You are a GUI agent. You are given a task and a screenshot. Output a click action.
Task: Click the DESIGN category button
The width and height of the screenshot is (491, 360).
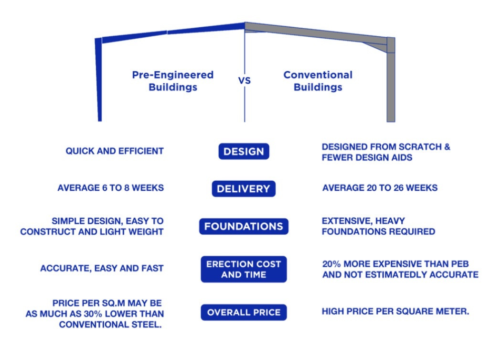point(244,152)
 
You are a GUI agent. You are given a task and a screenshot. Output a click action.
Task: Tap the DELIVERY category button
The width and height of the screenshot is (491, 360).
point(244,189)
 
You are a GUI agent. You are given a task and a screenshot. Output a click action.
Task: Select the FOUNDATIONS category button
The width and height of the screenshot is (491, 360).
point(244,226)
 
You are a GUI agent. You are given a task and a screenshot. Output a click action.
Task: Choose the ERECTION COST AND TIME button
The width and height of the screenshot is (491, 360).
point(244,269)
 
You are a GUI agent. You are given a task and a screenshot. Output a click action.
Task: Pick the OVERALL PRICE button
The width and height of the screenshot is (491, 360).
point(244,313)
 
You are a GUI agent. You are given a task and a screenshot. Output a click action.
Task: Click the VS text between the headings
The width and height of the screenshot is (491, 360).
point(245,81)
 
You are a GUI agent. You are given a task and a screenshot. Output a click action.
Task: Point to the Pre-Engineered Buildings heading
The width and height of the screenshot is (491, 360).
point(172,81)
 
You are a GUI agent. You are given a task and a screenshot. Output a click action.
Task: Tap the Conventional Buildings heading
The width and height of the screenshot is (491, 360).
point(318,81)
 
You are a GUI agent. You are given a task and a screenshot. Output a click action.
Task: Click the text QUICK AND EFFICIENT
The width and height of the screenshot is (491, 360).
point(115,151)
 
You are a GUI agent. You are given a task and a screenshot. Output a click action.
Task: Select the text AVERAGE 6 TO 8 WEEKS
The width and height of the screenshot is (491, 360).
point(110,188)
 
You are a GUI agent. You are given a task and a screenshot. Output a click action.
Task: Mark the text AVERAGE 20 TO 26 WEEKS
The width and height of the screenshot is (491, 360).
point(380,188)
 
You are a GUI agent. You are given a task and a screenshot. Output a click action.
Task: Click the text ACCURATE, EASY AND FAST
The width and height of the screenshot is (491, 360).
point(102,269)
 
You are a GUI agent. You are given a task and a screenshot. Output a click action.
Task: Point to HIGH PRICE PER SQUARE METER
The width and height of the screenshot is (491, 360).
point(395,311)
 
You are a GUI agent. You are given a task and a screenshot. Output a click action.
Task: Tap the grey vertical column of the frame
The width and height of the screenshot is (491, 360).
point(391,81)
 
